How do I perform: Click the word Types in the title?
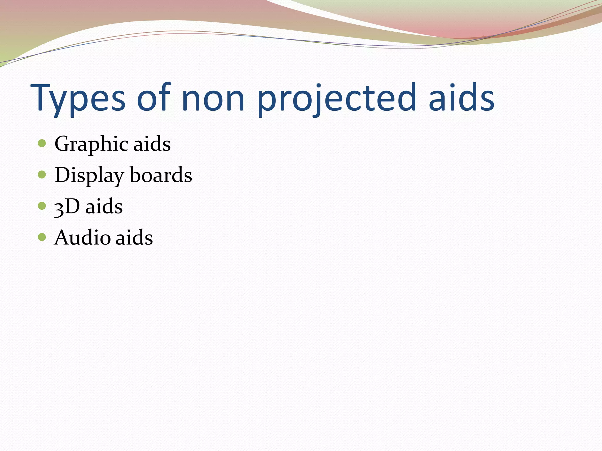point(78,98)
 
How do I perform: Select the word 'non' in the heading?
point(213,98)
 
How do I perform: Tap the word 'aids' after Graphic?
point(152,144)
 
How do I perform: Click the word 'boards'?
point(161,175)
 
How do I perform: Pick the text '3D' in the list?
point(67,206)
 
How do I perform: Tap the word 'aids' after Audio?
point(134,237)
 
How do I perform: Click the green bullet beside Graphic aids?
point(42,143)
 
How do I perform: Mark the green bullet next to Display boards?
point(42,175)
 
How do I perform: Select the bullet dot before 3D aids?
point(42,206)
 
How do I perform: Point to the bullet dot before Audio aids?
point(42,237)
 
